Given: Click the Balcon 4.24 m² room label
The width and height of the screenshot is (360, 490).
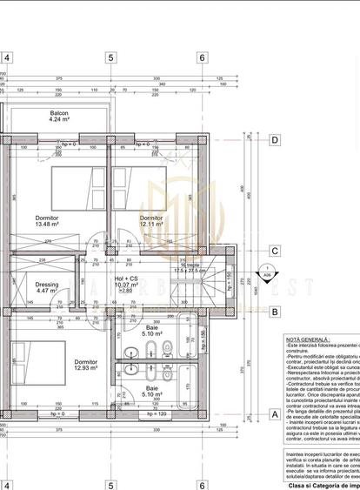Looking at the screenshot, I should click(x=59, y=117).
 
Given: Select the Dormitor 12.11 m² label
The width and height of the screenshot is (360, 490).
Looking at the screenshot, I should click(x=151, y=219).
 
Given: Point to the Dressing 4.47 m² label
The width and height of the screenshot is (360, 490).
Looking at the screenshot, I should click(x=47, y=287).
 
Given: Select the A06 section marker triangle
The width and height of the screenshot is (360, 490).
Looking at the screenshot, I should click(x=266, y=272).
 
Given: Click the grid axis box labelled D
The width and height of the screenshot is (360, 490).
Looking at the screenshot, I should click(x=274, y=139).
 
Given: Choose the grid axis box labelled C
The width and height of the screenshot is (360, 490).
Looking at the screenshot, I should click(x=274, y=252).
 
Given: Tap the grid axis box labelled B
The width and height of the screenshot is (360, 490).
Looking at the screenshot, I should click(x=274, y=311).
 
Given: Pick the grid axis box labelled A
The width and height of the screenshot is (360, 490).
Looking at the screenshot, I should click(x=274, y=415).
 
